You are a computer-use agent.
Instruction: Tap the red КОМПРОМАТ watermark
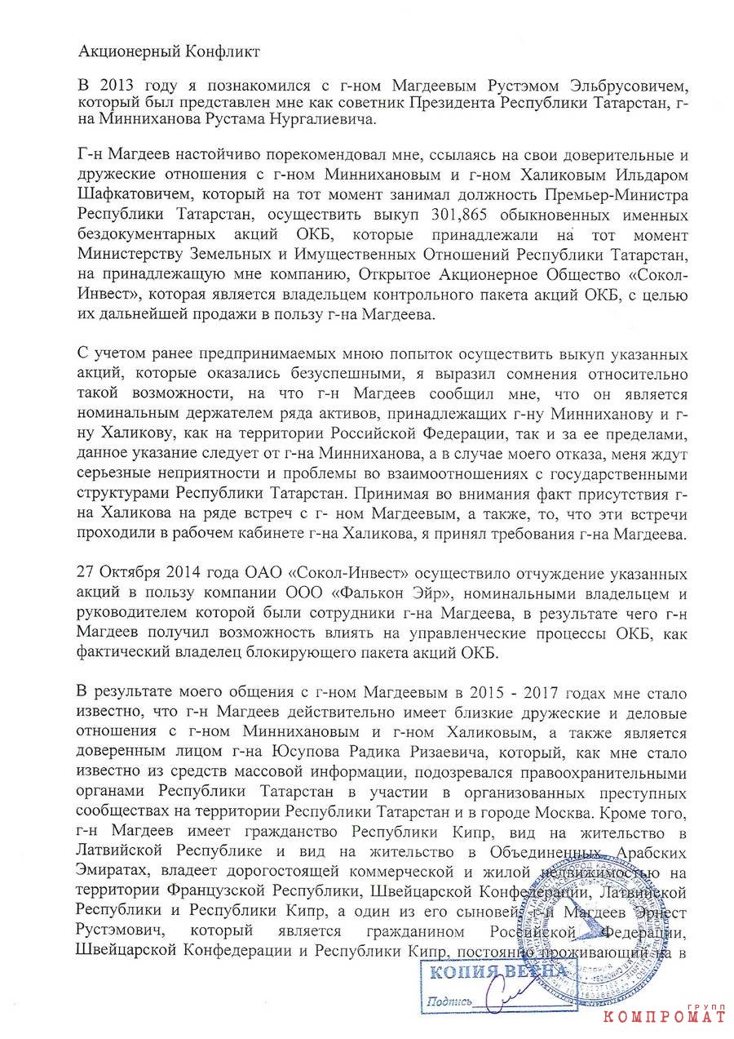click(x=664, y=1015)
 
